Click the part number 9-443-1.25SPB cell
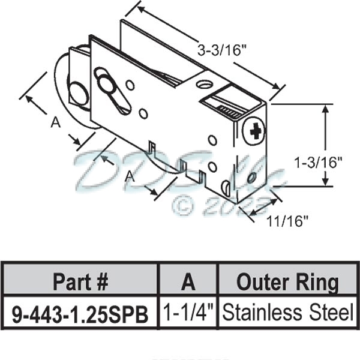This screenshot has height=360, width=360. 80,313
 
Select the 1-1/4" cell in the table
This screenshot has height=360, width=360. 187,313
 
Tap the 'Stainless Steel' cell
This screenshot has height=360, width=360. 287,313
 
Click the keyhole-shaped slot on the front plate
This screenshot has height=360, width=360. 113,94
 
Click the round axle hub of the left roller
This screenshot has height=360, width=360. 78,94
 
